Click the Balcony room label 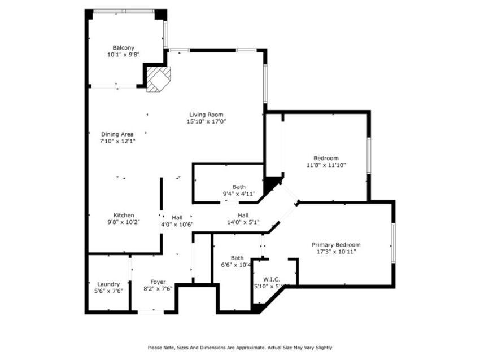pyautogui.click(x=123, y=48)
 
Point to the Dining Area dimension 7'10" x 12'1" pyautogui.click(x=117, y=141)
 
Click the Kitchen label pyautogui.click(x=124, y=215)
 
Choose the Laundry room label pyautogui.click(x=108, y=284)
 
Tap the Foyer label pyautogui.click(x=158, y=282)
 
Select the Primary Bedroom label pyautogui.click(x=336, y=245)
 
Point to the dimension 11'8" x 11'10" pyautogui.click(x=326, y=165)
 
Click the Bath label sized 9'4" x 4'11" pyautogui.click(x=239, y=187)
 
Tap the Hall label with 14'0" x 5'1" pyautogui.click(x=243, y=215)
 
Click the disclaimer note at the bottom pyautogui.click(x=240, y=348)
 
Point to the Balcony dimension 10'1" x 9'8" pyautogui.click(x=123, y=55)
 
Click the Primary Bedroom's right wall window pyautogui.click(x=393, y=243)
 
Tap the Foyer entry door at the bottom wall pyautogui.click(x=149, y=311)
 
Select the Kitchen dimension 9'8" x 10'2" pyautogui.click(x=124, y=222)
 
